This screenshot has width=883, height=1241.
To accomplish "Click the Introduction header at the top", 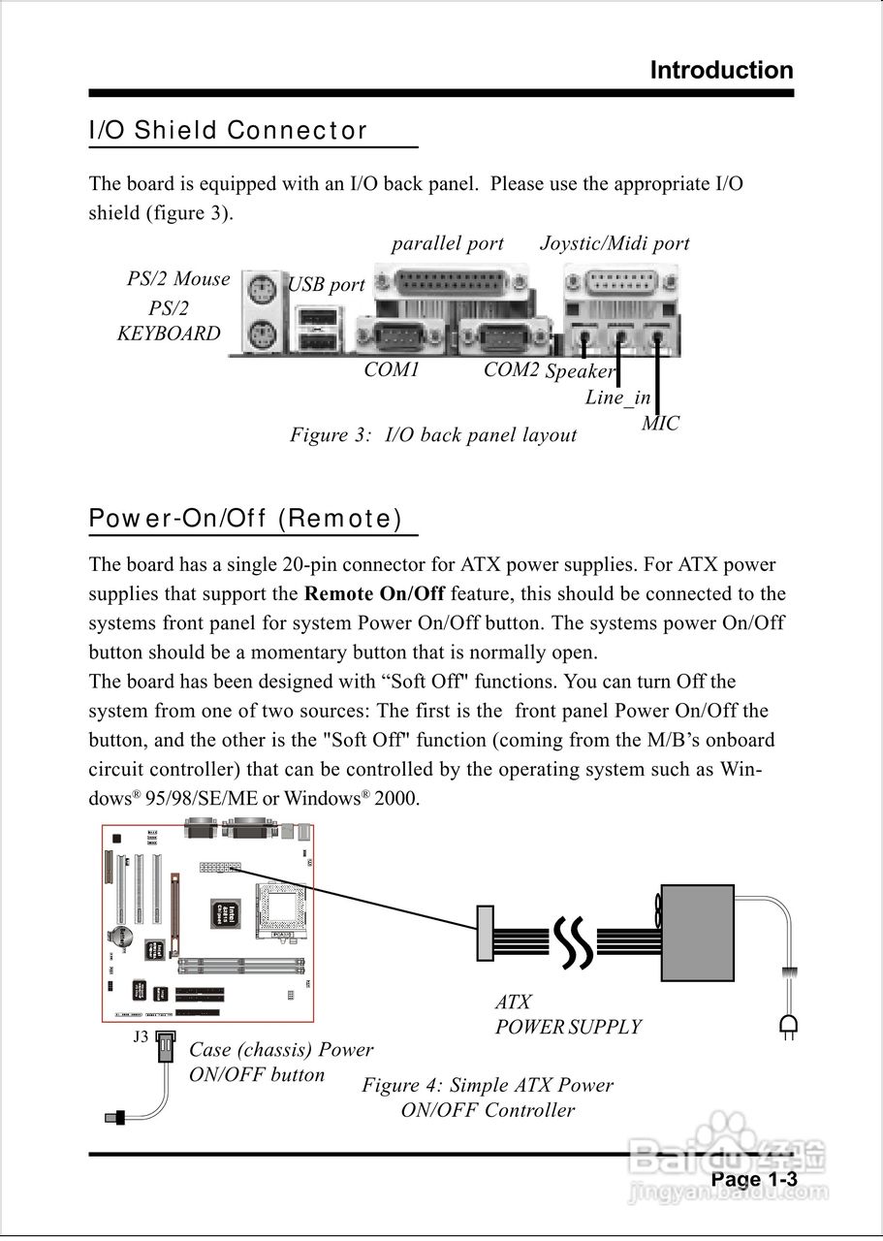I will [721, 71].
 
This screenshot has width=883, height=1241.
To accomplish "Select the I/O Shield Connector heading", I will [228, 131].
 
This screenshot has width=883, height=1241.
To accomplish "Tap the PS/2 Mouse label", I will [178, 279].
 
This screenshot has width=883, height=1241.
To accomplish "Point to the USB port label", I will [327, 285].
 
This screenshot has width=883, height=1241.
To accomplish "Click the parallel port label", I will [447, 243].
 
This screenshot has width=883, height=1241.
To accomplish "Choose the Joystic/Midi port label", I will [615, 243].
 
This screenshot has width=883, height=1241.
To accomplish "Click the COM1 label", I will [392, 369].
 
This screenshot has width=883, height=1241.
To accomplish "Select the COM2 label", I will [511, 369].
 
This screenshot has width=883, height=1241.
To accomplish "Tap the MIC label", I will [660, 424].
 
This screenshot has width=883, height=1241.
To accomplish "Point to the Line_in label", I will [617, 398].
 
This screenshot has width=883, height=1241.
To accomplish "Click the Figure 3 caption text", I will [433, 435].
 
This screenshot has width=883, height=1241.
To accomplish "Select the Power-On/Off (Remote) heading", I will [245, 519].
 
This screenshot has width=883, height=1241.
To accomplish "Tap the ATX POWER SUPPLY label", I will [568, 1014].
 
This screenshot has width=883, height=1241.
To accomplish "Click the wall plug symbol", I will [788, 1026].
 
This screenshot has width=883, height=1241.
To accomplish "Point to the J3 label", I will [141, 1036].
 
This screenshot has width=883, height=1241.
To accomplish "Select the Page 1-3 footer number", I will [753, 1179].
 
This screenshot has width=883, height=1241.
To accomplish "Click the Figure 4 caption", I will [488, 1098].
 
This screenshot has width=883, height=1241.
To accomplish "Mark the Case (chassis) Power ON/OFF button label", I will [280, 1062].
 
